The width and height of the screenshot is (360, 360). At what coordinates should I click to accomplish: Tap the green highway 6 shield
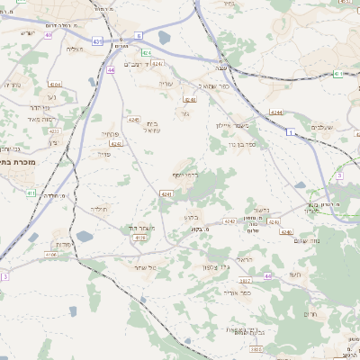(x=139, y=35)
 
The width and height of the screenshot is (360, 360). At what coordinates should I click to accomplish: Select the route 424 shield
(x=145, y=53)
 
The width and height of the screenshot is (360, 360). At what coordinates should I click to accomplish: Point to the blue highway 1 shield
(x=290, y=133)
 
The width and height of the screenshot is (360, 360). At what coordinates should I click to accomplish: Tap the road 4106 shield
(x=50, y=255)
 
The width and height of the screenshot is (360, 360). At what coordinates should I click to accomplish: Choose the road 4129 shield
(x=139, y=238)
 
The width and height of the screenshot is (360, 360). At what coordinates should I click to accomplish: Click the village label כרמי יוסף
(x=184, y=175)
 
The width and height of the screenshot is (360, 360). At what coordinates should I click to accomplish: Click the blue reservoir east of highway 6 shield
(x=164, y=38)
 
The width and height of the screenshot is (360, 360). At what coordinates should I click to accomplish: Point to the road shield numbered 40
(x=46, y=36)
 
